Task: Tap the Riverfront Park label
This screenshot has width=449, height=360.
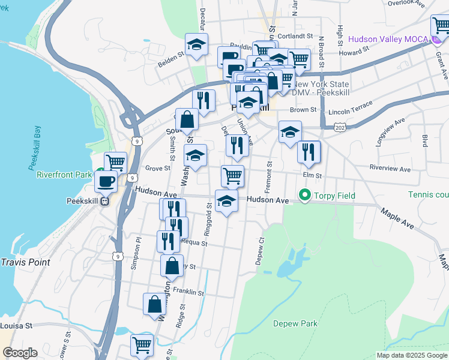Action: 63,175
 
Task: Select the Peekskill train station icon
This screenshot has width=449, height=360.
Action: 104,202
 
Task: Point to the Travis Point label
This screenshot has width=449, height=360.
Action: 25,262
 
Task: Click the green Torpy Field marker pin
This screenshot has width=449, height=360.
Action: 305,196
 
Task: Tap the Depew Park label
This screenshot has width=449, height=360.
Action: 295,323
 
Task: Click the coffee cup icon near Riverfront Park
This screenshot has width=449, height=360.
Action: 106,181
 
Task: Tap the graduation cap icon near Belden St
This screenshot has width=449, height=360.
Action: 196,44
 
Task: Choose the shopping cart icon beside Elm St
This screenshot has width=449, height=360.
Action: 232,176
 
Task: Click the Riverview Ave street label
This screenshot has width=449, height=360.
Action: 391,168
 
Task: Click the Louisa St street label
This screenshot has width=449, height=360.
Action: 16,325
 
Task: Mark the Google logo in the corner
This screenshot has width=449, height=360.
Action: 20,353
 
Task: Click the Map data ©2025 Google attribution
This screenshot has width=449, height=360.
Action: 411,355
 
